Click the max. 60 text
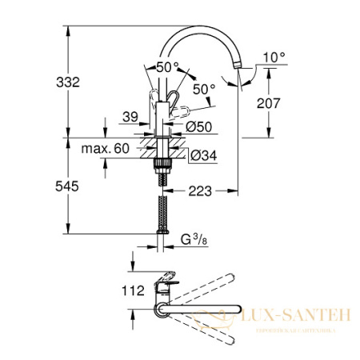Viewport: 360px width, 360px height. tap(110, 149)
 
